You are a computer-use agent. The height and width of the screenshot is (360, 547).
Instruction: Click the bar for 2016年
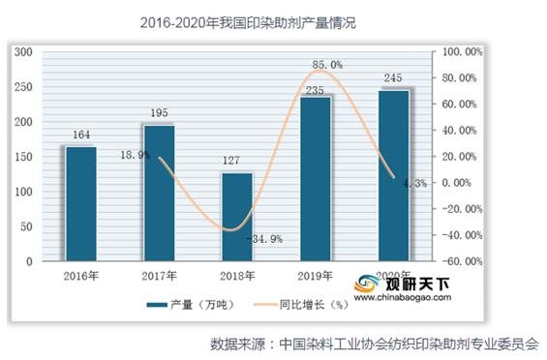coord(81,203)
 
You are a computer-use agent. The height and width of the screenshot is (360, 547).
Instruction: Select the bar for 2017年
coord(160,193)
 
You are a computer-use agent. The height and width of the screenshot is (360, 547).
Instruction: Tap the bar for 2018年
coord(237,217)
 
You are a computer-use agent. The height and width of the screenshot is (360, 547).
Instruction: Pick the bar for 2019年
coord(316,178)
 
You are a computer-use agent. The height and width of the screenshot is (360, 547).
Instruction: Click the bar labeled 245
coord(394,175)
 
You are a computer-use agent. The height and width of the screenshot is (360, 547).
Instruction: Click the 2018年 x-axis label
coord(237,276)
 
